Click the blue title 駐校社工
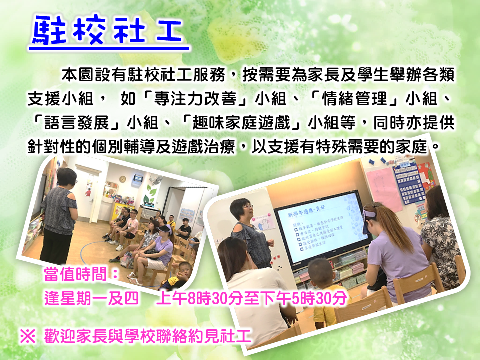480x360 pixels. (108, 30)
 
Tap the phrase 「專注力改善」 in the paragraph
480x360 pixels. (195, 99)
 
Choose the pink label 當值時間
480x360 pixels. (81, 274)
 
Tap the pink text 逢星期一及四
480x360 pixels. (91, 298)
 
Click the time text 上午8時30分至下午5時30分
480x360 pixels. (251, 298)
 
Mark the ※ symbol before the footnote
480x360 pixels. (28, 336)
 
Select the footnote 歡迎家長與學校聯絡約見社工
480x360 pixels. (147, 336)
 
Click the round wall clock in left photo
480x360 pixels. (123, 179)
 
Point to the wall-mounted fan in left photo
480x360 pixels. (156, 180)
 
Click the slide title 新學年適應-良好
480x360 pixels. (306, 211)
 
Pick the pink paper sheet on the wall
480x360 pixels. (384, 190)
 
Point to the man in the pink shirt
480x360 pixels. (129, 228)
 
